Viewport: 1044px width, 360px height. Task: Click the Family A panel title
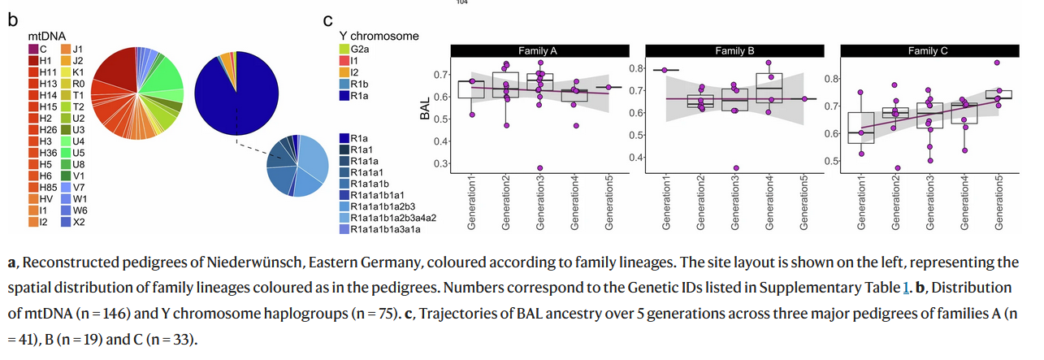pyautogui.click(x=537, y=50)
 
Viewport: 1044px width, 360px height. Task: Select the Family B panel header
pyautogui.click(x=734, y=50)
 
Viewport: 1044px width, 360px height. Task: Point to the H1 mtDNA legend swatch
pyautogui.click(x=33, y=60)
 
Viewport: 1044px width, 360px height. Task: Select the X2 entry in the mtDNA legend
pyautogui.click(x=66, y=222)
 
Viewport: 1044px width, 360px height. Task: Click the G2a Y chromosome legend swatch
pyautogui.click(x=345, y=50)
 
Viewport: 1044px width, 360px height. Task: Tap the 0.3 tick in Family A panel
pyautogui.click(x=440, y=163)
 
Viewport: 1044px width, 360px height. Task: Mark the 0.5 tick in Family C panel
pyautogui.click(x=829, y=160)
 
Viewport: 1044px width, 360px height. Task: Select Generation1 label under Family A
pyautogui.click(x=471, y=202)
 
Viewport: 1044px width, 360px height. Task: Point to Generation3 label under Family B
pyautogui.click(x=734, y=202)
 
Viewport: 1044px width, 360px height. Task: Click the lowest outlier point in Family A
pyautogui.click(x=539, y=167)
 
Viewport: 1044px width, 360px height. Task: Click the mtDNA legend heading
pyautogui.click(x=46, y=36)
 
